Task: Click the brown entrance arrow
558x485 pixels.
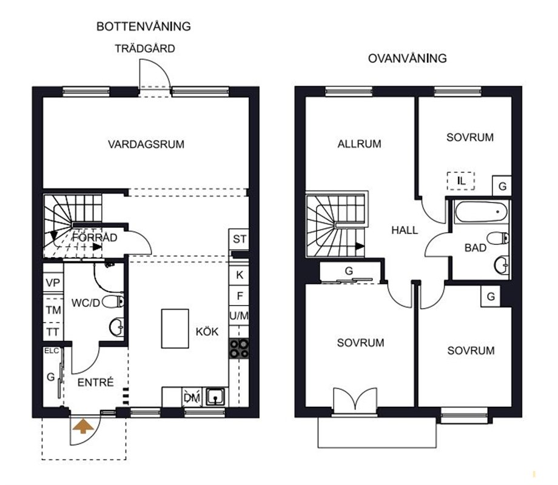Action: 81,426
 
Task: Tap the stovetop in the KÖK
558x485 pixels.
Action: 239,349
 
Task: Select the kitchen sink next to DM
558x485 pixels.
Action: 216,396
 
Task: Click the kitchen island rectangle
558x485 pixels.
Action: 175,329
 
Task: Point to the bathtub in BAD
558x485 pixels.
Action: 480,212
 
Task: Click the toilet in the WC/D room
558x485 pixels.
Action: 113,302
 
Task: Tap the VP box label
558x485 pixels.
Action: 53,283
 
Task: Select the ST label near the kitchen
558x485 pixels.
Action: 239,239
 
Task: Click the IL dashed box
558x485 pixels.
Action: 461,181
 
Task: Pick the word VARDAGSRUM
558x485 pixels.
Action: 146,144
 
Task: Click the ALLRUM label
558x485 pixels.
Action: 359,144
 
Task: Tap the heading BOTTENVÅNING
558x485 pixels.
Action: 143,26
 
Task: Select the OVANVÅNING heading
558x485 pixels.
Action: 407,58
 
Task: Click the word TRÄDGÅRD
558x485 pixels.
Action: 145,48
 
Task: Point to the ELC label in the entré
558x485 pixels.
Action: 51,351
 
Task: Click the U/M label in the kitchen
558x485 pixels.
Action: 239,316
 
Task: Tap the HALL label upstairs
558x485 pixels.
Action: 405,230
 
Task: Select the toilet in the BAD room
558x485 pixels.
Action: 497,238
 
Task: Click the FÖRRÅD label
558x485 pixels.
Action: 95,237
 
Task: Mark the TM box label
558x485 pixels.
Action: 53,310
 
